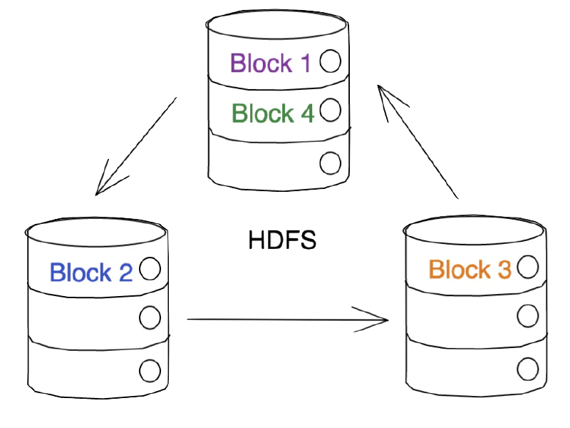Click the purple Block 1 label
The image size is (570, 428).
[x=271, y=63]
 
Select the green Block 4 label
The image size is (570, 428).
[x=273, y=113]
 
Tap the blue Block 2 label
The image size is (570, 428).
[x=90, y=272]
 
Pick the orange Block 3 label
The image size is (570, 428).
[x=470, y=270]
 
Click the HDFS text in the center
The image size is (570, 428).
[x=282, y=240]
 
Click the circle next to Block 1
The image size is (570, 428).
[x=330, y=61]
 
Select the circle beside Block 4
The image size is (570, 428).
[x=330, y=110]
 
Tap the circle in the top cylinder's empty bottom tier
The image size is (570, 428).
[x=330, y=163]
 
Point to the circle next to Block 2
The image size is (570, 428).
[x=150, y=269]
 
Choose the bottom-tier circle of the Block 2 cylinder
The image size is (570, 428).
[x=150, y=370]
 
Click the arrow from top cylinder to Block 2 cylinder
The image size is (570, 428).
[x=135, y=146]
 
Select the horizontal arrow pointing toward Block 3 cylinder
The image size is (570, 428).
[x=285, y=320]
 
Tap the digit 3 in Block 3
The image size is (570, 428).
[x=503, y=270]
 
